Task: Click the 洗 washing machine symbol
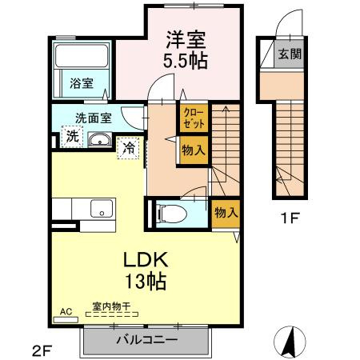pyautogui.click(x=72, y=137)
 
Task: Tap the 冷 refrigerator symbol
pyautogui.click(x=128, y=147)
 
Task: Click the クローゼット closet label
pyautogui.click(x=192, y=119)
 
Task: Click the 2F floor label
pyautogui.click(x=42, y=350)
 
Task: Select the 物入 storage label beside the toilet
pyautogui.click(x=225, y=212)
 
